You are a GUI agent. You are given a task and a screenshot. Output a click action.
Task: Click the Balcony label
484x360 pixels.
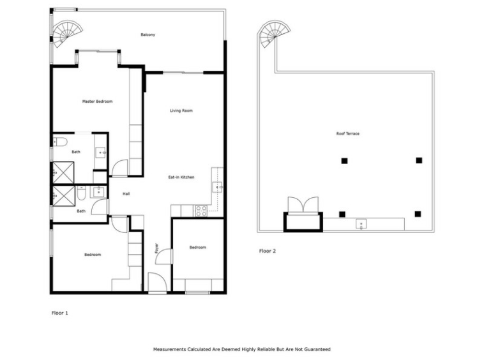tap(148, 34)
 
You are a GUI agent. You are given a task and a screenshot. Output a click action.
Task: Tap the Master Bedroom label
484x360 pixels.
tap(97, 101)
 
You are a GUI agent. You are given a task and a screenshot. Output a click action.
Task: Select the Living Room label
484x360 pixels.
tap(181, 110)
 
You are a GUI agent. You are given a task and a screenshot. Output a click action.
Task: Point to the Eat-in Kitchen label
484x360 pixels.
tap(181, 177)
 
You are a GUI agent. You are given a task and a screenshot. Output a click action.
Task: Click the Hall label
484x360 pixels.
tap(126, 194)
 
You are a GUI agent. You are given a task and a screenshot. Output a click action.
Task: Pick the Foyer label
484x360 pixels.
tap(156, 248)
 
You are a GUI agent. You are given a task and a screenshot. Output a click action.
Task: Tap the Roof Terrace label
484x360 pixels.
tap(347, 133)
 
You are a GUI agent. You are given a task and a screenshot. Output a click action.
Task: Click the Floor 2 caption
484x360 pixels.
tap(268, 251)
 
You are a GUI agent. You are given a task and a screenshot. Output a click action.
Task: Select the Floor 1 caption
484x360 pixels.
tap(59, 313)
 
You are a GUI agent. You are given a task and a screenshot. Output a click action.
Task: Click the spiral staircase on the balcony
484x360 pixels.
tap(67, 33)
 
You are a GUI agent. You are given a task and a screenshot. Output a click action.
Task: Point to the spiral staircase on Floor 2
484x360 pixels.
tap(274, 33)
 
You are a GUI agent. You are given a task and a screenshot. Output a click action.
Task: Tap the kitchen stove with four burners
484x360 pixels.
tap(201, 211)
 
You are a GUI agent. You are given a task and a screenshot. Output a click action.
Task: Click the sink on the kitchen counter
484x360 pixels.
tap(217, 187)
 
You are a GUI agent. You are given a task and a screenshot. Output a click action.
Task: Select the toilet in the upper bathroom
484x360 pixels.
tap(60, 142)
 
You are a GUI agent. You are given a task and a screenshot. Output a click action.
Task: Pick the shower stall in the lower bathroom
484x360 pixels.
tap(64, 196)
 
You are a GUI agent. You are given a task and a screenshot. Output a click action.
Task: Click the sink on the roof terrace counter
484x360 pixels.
tap(361, 224)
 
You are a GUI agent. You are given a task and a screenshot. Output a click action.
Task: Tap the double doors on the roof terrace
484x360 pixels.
tap(303, 204)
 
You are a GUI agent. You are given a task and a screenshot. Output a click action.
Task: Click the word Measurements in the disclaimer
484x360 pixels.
tap(169, 349)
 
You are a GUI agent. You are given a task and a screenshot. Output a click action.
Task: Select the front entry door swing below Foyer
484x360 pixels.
tap(158, 282)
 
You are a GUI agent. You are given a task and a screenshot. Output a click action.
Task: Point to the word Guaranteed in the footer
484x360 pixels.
tap(317, 349)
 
